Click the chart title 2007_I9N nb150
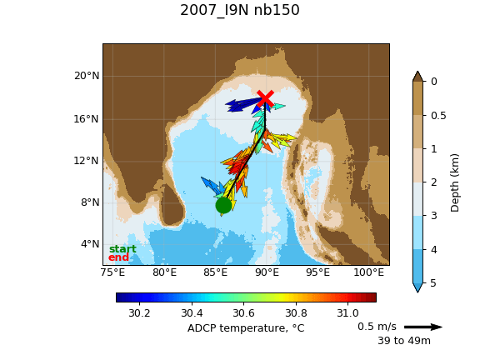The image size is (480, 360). coord(240,10)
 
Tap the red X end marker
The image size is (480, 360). coord(265,98)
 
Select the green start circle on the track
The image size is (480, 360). coord(223,205)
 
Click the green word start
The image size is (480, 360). coord(122,249)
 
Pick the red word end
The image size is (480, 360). coord(118,257)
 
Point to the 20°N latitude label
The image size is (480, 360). coord(87,76)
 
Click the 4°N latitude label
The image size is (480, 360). coord(90,244)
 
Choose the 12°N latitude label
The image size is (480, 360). coord(87,160)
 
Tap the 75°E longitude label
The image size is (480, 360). coord(113,272)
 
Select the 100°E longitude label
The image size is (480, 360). coord(368,272)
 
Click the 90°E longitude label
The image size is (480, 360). coord(267,272)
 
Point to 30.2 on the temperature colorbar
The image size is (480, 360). coord(139,313)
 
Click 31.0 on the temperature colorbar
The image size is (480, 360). coord(347,313)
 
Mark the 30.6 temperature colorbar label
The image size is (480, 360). coord(243,313)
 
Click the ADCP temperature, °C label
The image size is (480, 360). coord(246,328)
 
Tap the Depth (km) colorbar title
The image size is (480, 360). coord(455,182)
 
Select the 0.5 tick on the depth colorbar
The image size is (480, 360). coord(438,115)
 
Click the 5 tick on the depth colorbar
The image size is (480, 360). coord(433,283)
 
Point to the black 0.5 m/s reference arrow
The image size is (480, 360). coord(423,327)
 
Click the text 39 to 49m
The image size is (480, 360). coord(404,340)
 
